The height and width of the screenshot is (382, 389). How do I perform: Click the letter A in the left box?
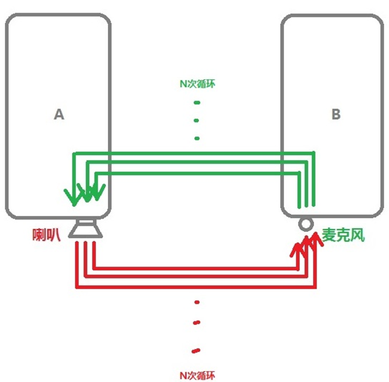pos(59,114)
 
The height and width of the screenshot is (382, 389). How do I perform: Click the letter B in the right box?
pos(336,114)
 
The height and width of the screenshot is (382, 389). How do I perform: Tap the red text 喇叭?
pos(46,234)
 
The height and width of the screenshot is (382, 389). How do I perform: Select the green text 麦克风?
pos(343,235)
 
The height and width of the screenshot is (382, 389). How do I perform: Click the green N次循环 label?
pos(197,84)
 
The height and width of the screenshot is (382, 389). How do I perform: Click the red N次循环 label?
pos(197,375)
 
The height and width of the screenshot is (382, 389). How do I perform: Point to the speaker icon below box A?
pos(86,229)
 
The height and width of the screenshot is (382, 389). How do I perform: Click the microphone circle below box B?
pos(306,224)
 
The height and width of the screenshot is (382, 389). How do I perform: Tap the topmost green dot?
pos(197,103)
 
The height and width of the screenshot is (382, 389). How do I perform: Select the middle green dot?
pos(196,120)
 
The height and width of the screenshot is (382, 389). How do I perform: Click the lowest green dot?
pos(197,138)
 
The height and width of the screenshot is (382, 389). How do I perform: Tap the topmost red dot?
pos(197,302)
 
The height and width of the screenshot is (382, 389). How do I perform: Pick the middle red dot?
pos(196,323)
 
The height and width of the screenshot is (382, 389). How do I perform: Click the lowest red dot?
pos(196,351)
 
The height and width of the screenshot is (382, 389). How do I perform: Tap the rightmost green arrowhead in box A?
pos(97,192)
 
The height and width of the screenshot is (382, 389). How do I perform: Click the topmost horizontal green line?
pos(193,153)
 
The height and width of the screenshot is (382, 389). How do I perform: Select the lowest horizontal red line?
pos(196,288)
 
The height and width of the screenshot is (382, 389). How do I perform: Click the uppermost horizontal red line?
pos(196,268)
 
